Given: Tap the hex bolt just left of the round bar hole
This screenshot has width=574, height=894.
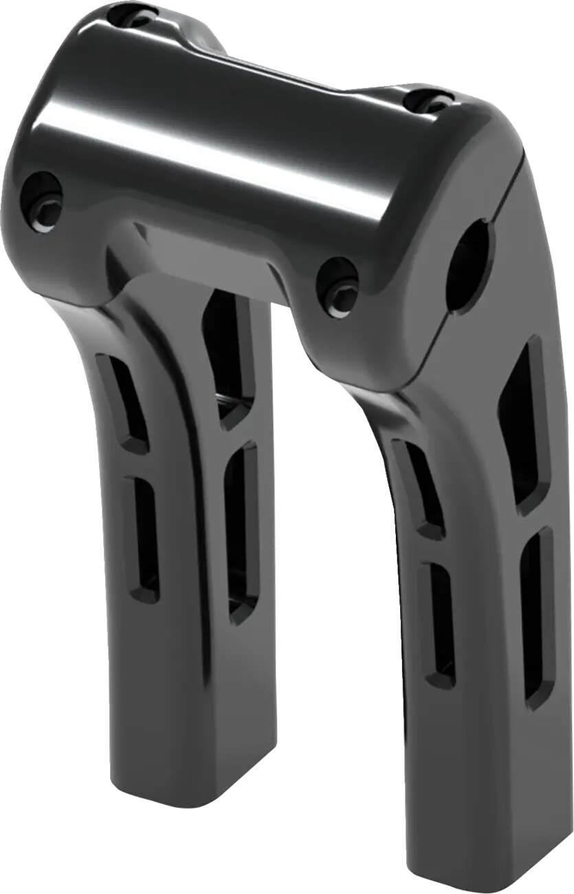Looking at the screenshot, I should pyautogui.click(x=338, y=288).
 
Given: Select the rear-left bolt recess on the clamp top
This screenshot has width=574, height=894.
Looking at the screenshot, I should pyautogui.click(x=133, y=15).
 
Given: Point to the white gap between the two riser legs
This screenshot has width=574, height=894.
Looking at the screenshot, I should pyautogui.click(x=316, y=550).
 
